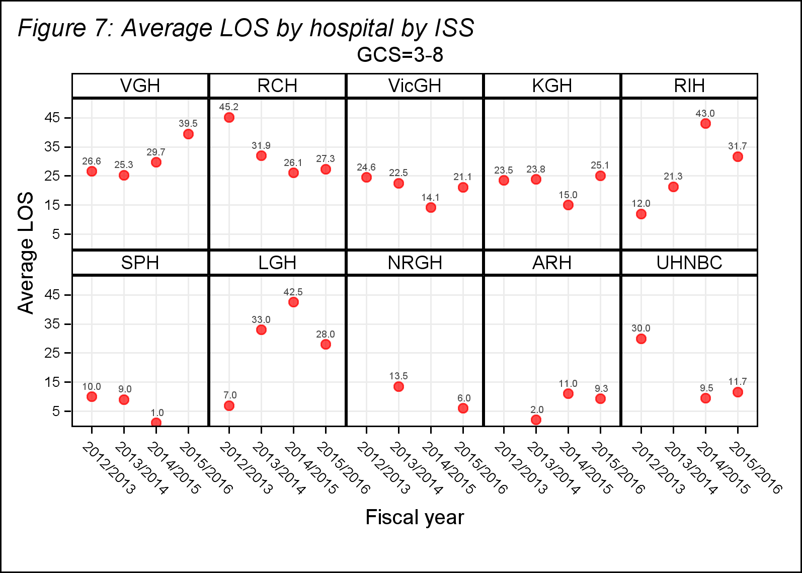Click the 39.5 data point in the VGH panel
pos(188,134)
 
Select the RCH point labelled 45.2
pos(229,117)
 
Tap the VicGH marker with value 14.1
pos(431,207)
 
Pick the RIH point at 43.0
pos(705,123)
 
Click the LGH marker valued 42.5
pos(293,302)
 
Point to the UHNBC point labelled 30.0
pos(641,339)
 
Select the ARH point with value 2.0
pos(536,420)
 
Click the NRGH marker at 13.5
pos(398,386)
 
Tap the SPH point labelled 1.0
pos(156,423)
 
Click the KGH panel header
pos(552,86)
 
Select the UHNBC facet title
pos(689,263)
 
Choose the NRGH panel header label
pos(415,263)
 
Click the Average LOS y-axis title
pos(26,253)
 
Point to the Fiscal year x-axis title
pos(415,517)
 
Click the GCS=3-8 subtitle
pos(400,55)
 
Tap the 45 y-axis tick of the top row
pos(52,118)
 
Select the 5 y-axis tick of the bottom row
pos(55,411)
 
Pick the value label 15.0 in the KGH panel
pos(568,195)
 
